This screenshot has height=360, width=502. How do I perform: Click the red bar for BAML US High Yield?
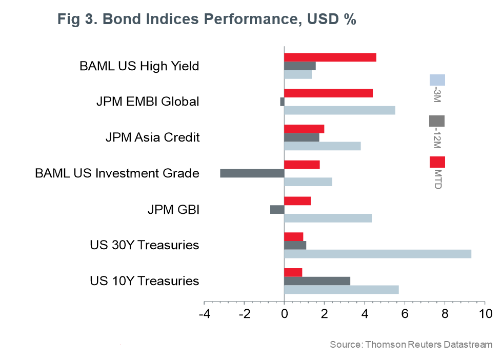(x=330, y=57)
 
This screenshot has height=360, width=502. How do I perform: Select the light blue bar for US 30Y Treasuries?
(x=377, y=254)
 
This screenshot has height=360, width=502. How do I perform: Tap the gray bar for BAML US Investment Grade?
(x=252, y=173)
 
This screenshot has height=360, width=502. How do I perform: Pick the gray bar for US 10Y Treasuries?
(x=317, y=281)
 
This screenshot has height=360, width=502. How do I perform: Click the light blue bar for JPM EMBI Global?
(x=339, y=110)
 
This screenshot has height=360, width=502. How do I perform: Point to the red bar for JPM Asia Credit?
(x=304, y=129)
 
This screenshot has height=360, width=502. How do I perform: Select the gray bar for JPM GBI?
(x=277, y=209)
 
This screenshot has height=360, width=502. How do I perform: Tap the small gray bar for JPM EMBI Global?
(x=282, y=102)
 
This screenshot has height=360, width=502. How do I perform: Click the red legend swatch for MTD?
(x=437, y=162)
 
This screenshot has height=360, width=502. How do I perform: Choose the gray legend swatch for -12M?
(x=437, y=121)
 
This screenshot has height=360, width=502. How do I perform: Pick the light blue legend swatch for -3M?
(x=437, y=80)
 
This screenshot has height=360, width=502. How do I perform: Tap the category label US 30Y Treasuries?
(x=144, y=245)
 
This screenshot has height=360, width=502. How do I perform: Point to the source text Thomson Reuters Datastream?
(x=428, y=344)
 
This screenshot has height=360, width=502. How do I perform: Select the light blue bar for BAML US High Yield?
(x=298, y=75)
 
